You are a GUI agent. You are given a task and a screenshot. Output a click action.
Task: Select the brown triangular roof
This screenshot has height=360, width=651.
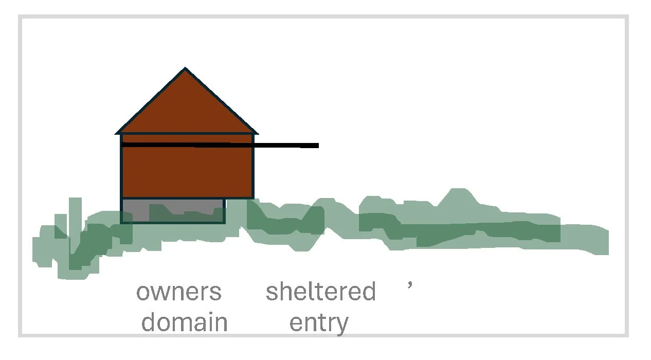click(x=186, y=108)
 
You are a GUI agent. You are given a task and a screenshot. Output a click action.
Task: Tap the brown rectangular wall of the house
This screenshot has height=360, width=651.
click(x=187, y=172)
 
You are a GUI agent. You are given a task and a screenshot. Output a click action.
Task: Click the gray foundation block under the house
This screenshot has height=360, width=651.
click(x=173, y=210)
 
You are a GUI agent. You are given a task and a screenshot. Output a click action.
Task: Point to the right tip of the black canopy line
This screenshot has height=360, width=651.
click(x=318, y=146)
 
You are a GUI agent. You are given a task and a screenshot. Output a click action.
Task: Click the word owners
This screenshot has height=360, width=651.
click(x=179, y=292)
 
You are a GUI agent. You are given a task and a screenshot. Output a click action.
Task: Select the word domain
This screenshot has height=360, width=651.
click(x=184, y=322)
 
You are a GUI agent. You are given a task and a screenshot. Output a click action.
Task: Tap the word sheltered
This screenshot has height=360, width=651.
click(x=320, y=292)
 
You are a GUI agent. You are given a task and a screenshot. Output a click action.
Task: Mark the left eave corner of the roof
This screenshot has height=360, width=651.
click(x=116, y=133)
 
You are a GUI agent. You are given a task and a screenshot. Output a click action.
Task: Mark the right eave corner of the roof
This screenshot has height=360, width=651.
click(x=257, y=133)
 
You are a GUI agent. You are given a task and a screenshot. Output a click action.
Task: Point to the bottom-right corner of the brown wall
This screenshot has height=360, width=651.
click(x=253, y=198)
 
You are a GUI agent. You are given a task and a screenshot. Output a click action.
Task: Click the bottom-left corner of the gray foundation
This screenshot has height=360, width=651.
click(x=122, y=222)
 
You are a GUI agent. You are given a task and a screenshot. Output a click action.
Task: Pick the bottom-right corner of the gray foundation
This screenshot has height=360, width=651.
click(x=225, y=222)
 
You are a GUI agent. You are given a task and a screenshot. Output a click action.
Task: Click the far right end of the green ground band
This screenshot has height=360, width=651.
click(x=607, y=242)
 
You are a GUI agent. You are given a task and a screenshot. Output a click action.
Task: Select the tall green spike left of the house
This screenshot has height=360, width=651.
click(x=75, y=206)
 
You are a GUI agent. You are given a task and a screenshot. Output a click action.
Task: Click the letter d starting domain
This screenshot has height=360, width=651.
click(x=149, y=322)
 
